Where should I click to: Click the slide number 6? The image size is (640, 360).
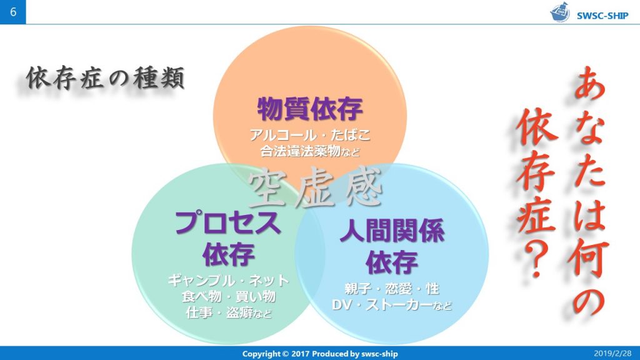(12, 12)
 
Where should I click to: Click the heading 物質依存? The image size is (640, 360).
(310, 110)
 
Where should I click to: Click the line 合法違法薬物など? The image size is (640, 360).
(310, 151)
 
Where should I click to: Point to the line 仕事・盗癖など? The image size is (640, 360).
(228, 312)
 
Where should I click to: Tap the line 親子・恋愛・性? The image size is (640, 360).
(392, 289)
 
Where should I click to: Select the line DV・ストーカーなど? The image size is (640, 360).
(392, 306)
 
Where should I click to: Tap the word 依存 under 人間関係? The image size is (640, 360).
(392, 261)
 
